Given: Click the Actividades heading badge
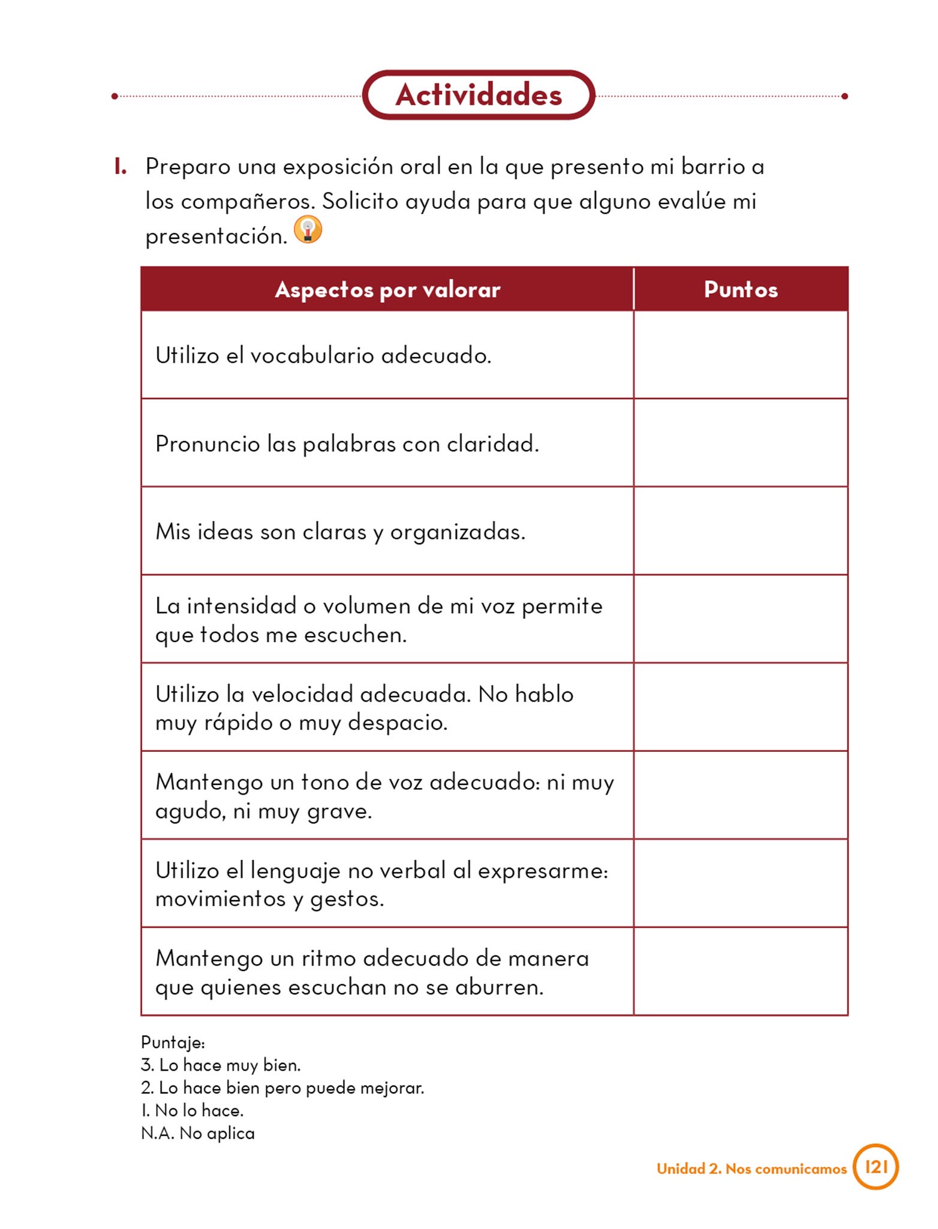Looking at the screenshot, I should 478,95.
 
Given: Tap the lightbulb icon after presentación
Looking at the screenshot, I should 308,230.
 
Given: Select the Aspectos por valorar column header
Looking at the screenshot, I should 387,289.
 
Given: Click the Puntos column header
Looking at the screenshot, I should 741,289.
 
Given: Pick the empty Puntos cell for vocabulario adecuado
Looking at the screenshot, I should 741,355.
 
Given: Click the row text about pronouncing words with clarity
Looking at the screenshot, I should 347,443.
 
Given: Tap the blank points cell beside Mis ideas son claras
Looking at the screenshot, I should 741,531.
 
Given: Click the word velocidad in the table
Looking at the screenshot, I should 302,694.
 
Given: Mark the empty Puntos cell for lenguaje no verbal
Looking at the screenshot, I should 741,883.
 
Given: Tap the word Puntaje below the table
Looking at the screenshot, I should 173,1042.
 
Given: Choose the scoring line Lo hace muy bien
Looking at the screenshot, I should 221,1065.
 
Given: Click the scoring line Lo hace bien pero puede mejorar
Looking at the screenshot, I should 282,1088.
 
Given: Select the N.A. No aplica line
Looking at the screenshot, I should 198,1133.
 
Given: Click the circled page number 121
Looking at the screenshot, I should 876,1167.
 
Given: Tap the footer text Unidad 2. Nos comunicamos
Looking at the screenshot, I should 751,1168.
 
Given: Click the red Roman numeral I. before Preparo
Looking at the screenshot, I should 120,167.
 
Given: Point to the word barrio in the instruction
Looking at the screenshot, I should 712,166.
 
